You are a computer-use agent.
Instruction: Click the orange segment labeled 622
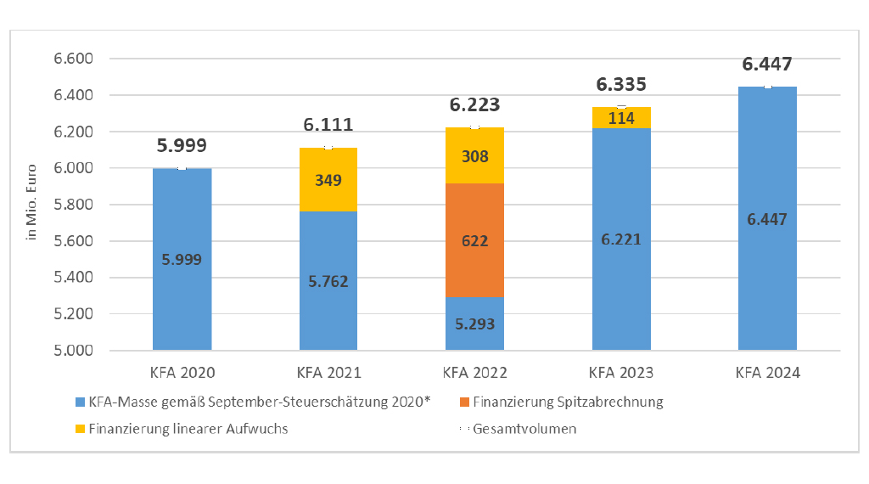pos(475,240)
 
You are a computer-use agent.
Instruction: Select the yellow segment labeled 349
pos(328,180)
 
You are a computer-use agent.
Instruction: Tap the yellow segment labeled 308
pos(475,156)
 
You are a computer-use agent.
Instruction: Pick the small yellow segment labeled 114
pos(622,118)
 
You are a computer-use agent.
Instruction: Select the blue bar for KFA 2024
pos(768,218)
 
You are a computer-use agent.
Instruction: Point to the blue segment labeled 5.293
pos(475,324)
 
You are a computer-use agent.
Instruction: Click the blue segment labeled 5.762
pos(328,280)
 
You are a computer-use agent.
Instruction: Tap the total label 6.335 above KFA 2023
pos(620,84)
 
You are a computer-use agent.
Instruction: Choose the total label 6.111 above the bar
pos(328,125)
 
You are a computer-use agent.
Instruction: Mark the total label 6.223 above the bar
pos(474,105)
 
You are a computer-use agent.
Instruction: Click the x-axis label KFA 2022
pos(475,373)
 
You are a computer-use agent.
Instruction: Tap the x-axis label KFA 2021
pos(328,373)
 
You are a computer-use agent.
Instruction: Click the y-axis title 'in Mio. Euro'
pos(32,205)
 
